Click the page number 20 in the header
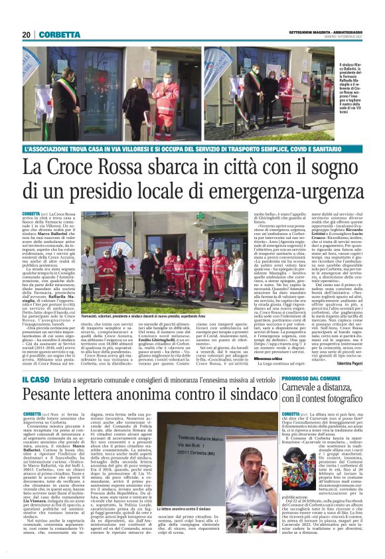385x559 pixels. coord(26,35)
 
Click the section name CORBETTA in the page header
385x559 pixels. coord(59,35)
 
